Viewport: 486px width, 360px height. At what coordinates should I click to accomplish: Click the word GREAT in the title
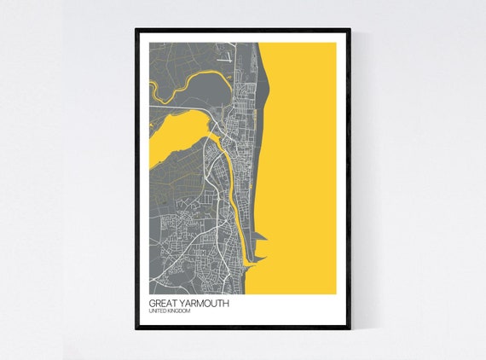(x=163, y=303)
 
